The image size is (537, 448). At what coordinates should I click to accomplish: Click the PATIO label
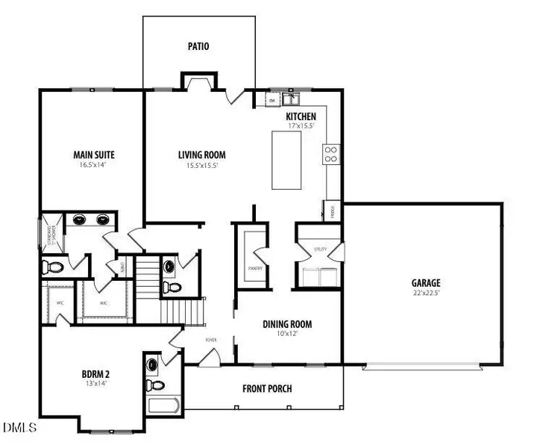(x=198, y=46)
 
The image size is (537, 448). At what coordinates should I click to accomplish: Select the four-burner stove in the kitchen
(x=331, y=154)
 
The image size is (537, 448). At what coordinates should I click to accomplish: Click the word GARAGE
(x=426, y=283)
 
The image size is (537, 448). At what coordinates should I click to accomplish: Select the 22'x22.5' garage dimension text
(x=426, y=293)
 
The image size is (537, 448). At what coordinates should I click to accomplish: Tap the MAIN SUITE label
(x=93, y=155)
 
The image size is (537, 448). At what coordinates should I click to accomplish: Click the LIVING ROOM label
(x=201, y=155)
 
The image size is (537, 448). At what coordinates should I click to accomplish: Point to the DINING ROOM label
(x=286, y=324)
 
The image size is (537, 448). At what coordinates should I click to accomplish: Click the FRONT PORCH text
(x=267, y=388)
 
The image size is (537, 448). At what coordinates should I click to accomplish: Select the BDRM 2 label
(x=97, y=375)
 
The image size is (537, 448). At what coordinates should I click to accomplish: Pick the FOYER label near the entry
(x=211, y=339)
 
